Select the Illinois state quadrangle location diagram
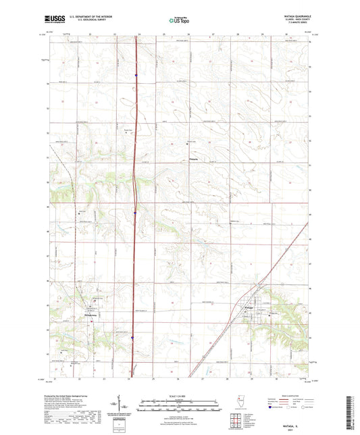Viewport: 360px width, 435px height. point(239,400)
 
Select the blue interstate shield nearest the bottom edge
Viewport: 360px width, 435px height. point(133,338)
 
